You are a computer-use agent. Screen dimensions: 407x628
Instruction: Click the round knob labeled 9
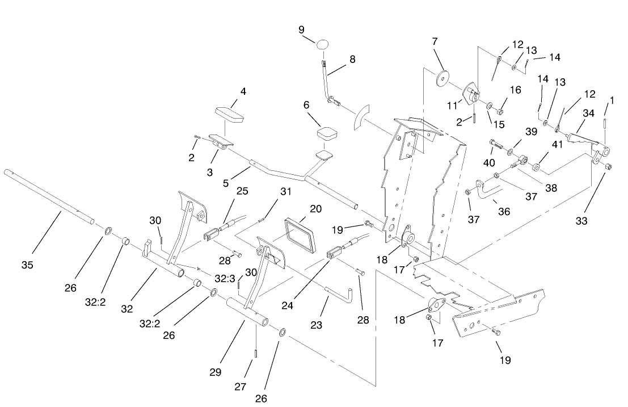point(323,44)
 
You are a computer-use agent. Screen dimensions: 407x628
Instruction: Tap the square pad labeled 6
point(328,135)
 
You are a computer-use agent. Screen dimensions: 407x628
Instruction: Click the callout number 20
point(315,208)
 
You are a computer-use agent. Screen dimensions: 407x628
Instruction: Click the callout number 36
point(504,211)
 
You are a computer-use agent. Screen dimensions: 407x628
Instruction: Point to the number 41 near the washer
point(557,144)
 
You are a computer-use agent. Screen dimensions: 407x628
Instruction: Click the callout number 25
point(242,192)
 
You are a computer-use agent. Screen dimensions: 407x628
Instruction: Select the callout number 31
point(285,192)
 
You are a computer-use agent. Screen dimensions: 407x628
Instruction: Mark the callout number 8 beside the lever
point(352,58)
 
